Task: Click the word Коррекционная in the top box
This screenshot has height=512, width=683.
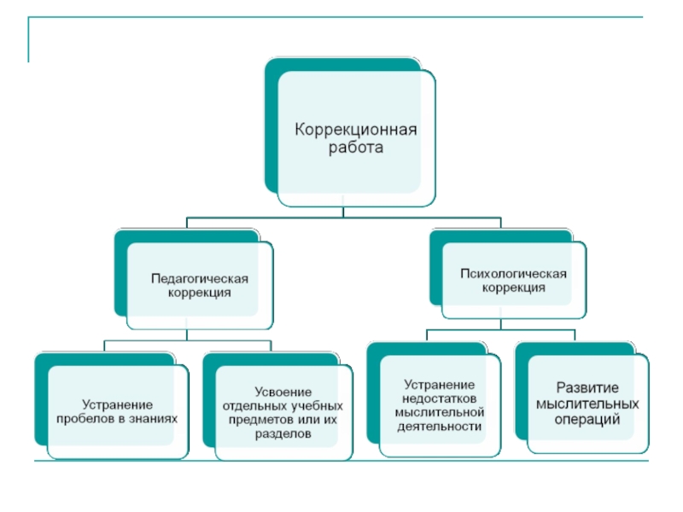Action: pyautogui.click(x=356, y=130)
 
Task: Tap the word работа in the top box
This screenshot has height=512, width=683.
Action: pyautogui.click(x=356, y=147)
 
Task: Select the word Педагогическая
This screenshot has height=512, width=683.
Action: pyautogui.click(x=200, y=278)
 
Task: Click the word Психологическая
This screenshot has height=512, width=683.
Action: pyautogui.click(x=513, y=274)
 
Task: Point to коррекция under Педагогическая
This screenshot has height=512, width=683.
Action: pyautogui.click(x=200, y=292)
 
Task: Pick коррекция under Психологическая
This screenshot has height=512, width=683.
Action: pyautogui.click(x=513, y=288)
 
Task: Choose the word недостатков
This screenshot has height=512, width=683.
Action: pyautogui.click(x=439, y=399)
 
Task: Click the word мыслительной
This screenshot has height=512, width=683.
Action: pyautogui.click(x=439, y=412)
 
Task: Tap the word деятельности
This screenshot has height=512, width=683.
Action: pyautogui.click(x=439, y=426)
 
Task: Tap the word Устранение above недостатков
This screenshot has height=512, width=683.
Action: pyautogui.click(x=439, y=384)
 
